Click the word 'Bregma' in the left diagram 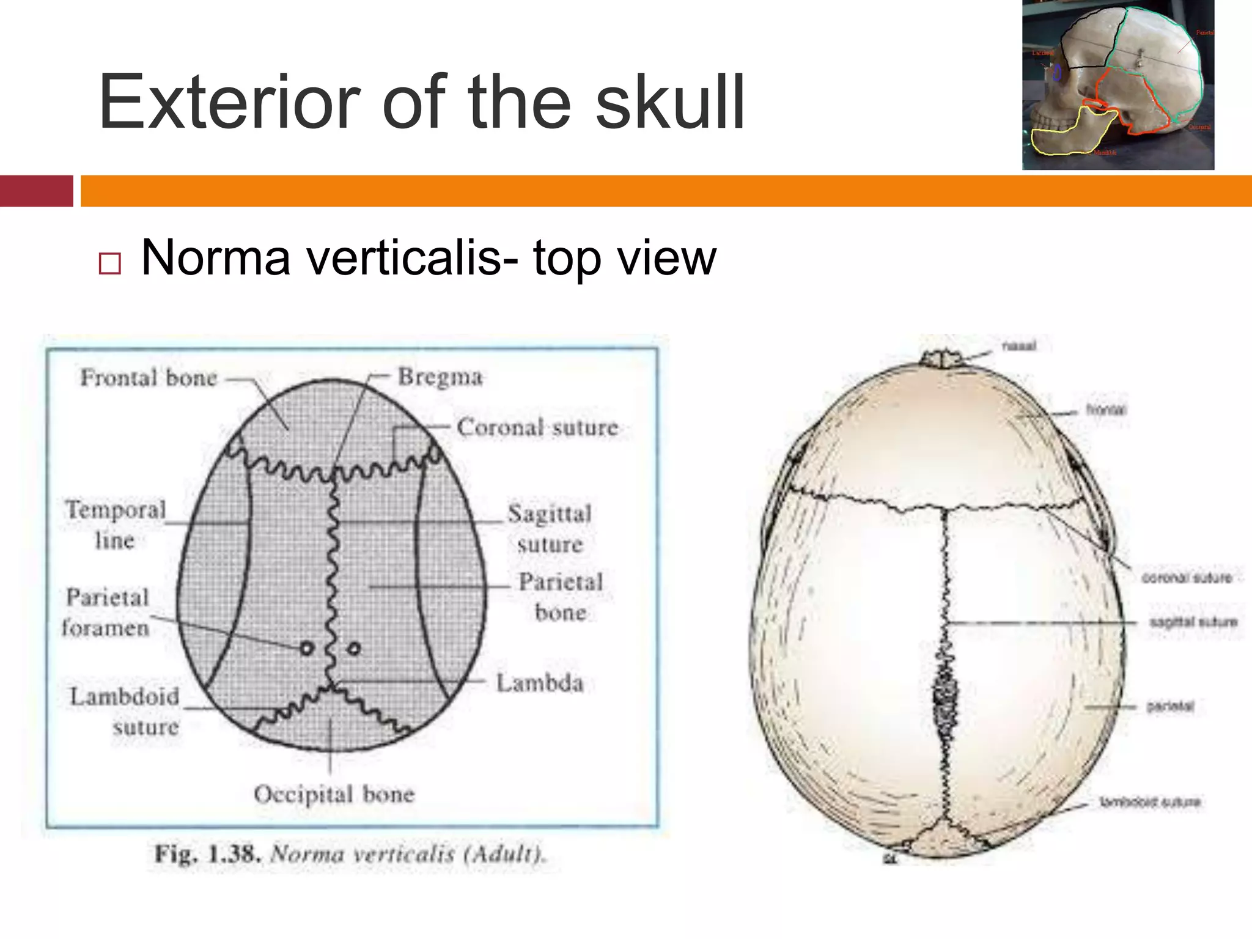coord(440,377)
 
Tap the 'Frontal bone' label coord(149,378)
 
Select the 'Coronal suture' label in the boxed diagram coord(537,427)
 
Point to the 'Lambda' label coord(540,683)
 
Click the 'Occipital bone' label coord(334,794)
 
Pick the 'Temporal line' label coord(116,525)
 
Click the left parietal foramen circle coord(307,648)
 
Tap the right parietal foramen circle coord(354,648)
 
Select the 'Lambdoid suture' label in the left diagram coord(125,712)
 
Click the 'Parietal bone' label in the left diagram coord(561,597)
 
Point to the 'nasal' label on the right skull coord(1019,346)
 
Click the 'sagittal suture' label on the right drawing coord(1193,622)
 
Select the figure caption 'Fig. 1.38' coord(208,853)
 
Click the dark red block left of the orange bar coord(36,191)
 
